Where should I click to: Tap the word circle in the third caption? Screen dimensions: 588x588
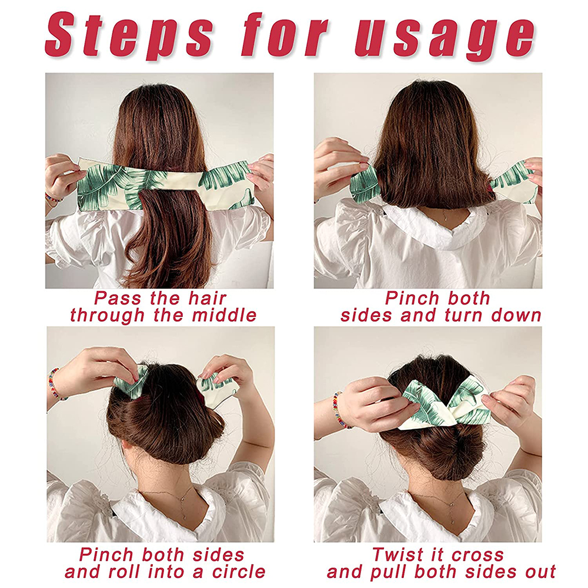coord(239,572)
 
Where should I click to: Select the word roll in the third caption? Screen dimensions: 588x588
coord(124,572)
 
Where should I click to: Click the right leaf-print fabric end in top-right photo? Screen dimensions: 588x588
coord(516,182)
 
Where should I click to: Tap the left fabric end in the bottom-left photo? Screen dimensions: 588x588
coord(132,383)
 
